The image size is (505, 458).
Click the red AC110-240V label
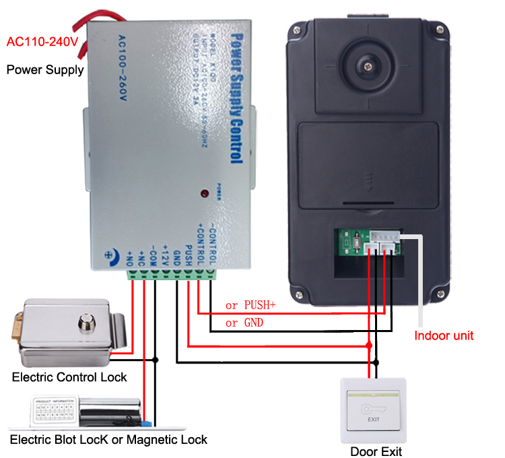click(x=42, y=42)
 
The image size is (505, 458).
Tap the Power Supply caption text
click(x=45, y=69)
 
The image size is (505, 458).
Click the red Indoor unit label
click(x=444, y=335)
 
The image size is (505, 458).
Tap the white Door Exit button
click(x=374, y=411)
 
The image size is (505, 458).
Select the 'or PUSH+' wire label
click(x=250, y=305)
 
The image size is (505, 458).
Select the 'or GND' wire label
click(x=244, y=323)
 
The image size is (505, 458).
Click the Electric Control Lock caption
click(x=69, y=377)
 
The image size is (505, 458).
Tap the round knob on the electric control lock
click(x=86, y=322)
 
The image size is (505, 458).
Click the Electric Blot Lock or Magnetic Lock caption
click(x=108, y=439)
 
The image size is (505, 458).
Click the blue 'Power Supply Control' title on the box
click(x=235, y=98)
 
